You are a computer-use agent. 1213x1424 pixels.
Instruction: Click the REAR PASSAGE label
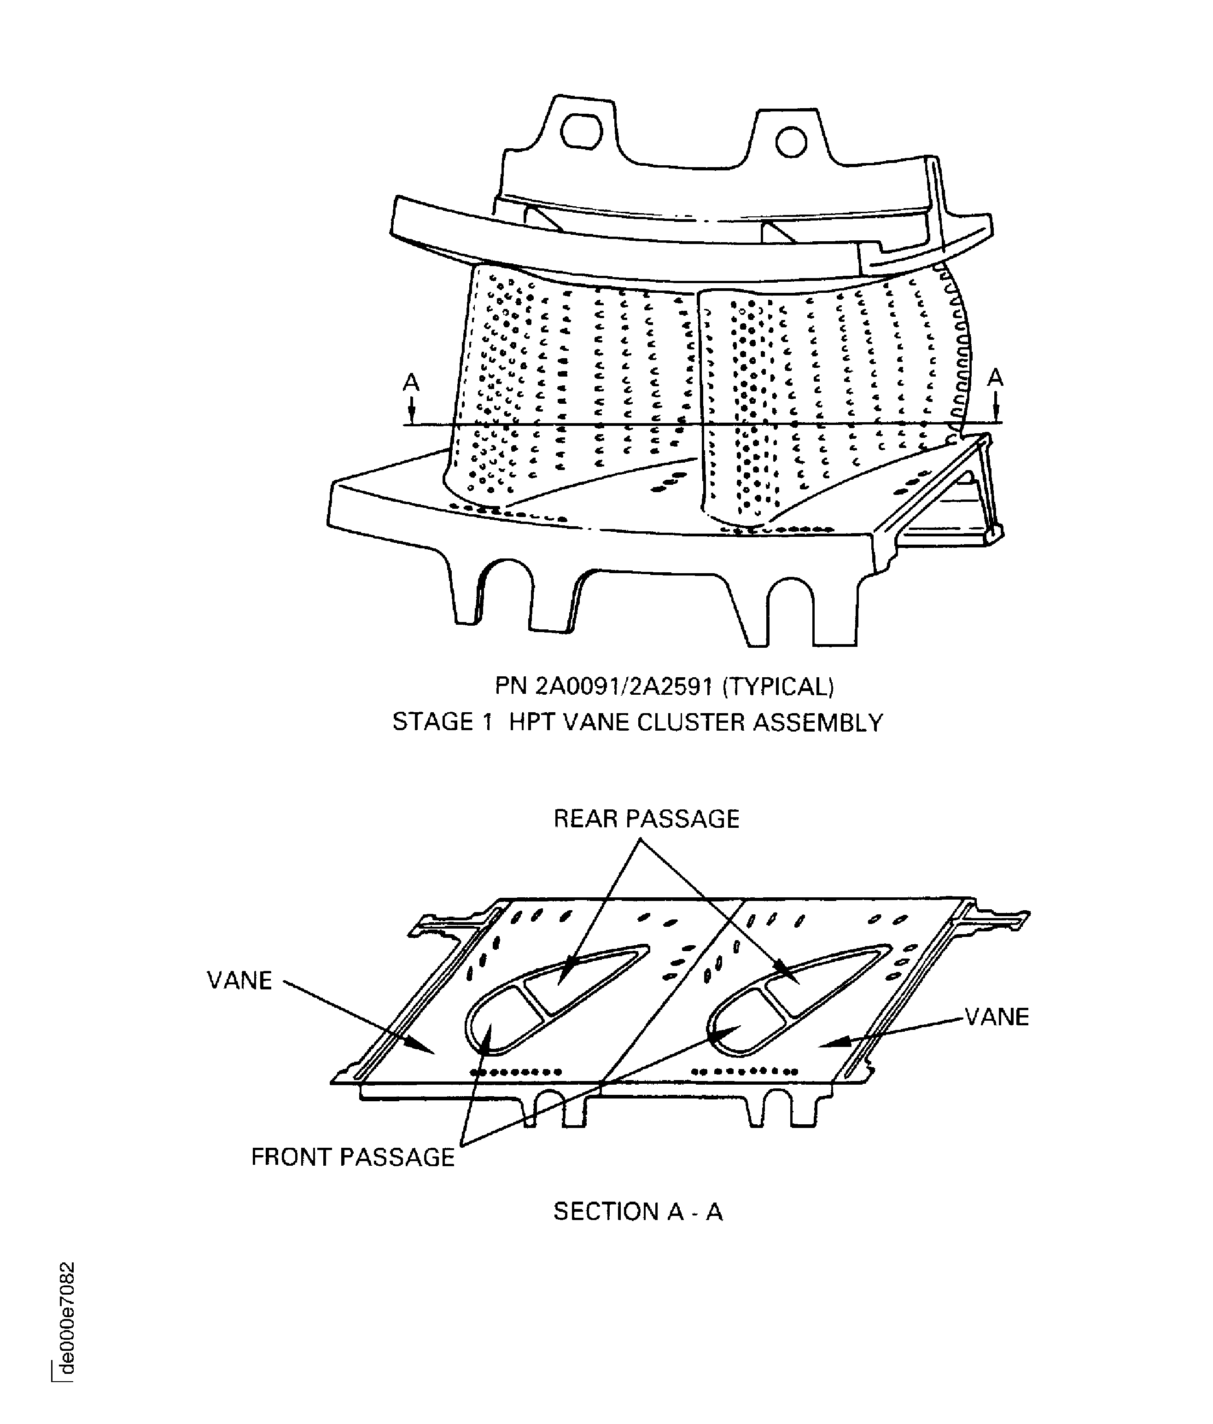(646, 819)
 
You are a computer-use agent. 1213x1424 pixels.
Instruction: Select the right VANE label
(997, 1017)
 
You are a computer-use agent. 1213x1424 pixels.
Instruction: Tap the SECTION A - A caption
(638, 1230)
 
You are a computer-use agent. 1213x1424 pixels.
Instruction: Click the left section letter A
(411, 382)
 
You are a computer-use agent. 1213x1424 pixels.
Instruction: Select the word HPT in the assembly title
(534, 722)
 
